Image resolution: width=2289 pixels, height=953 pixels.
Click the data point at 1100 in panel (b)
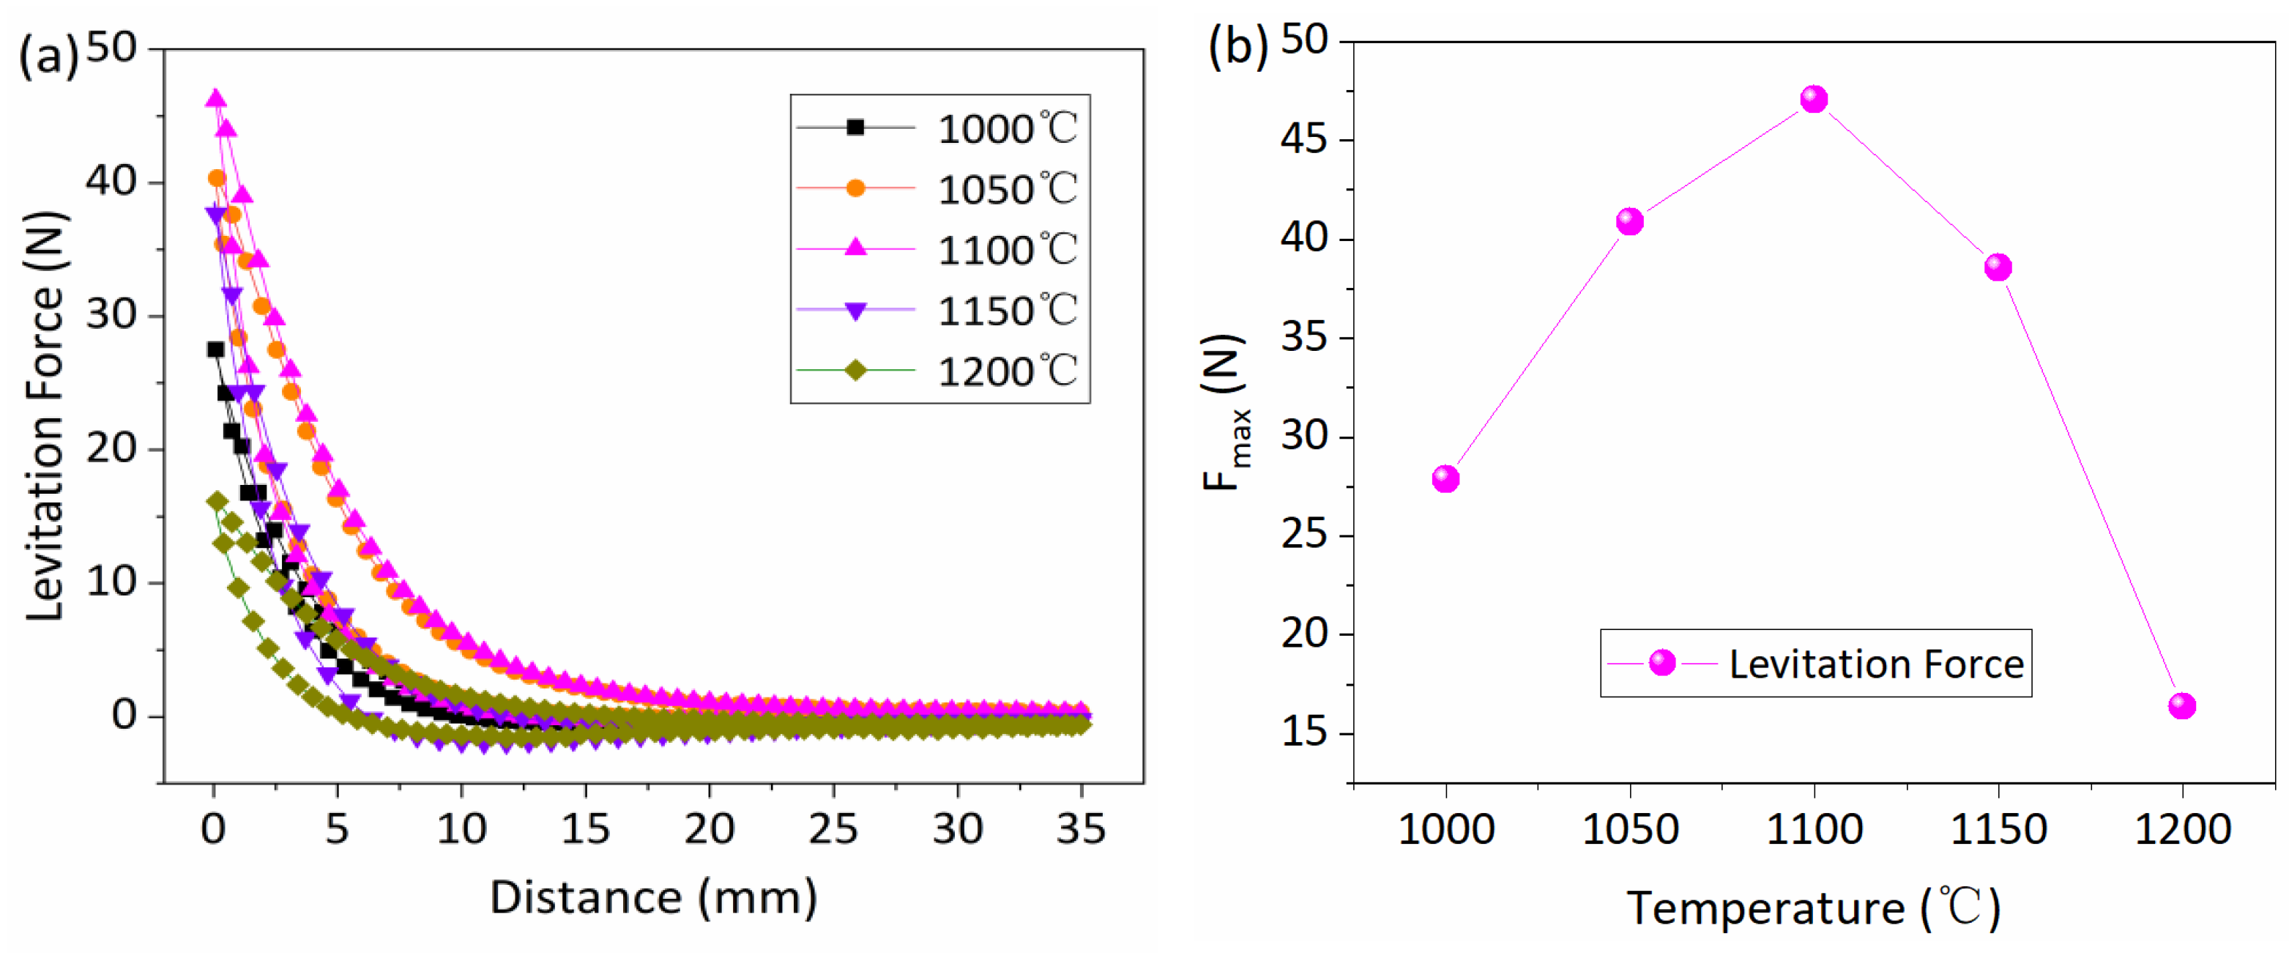[x=1814, y=99]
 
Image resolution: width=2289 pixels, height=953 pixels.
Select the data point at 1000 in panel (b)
[x=1445, y=478]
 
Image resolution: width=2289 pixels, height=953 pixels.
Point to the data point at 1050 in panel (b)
[x=1630, y=221]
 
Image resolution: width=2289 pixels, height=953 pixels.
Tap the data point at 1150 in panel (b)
[x=1998, y=267]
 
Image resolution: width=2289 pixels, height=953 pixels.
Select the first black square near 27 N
[x=216, y=349]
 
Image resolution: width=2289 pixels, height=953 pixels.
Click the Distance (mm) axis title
[x=653, y=897]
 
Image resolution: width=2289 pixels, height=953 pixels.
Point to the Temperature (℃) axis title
[x=1813, y=908]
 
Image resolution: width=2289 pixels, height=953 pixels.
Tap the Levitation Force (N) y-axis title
[x=46, y=416]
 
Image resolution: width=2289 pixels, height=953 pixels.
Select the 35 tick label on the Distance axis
[x=1081, y=828]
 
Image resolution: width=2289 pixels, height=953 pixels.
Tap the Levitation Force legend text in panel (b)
[x=1876, y=664]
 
